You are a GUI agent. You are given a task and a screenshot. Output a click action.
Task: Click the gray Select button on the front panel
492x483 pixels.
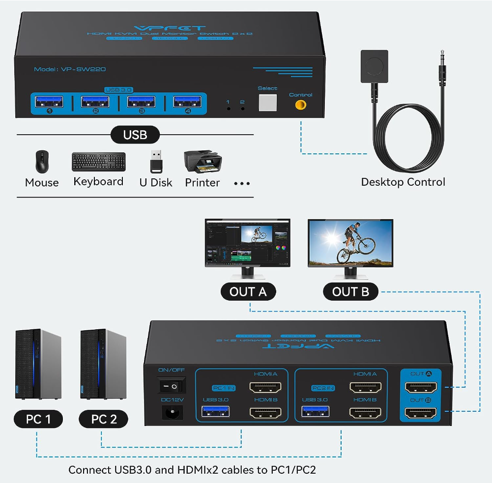click(x=268, y=102)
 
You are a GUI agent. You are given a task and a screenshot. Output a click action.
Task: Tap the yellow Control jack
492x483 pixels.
click(x=300, y=105)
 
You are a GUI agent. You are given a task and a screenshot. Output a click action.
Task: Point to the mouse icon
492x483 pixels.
click(x=42, y=161)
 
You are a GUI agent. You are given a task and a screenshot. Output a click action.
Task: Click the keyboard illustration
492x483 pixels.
click(x=98, y=162)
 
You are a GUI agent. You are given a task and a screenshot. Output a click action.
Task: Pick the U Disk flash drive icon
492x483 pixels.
click(x=156, y=161)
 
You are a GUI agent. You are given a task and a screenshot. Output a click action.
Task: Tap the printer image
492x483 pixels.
click(x=203, y=162)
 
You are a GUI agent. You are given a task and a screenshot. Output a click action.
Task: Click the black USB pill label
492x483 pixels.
click(x=135, y=135)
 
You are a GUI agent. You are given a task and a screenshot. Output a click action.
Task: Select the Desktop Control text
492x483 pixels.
click(x=403, y=182)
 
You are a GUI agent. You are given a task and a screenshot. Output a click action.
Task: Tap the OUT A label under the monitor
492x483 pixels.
click(x=248, y=292)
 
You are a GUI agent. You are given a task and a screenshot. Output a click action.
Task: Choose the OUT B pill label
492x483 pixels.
click(x=350, y=292)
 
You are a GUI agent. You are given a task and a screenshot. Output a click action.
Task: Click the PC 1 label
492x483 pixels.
click(x=38, y=419)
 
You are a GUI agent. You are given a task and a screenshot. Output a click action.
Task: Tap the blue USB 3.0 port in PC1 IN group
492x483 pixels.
click(x=215, y=411)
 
